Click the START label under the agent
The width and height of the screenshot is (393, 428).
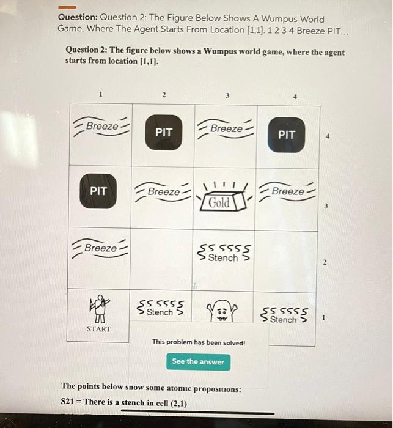click(x=99, y=329)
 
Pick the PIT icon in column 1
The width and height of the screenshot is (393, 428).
click(x=98, y=191)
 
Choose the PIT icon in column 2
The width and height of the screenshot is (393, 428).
click(x=164, y=132)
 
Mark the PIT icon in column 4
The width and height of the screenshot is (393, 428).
click(x=287, y=135)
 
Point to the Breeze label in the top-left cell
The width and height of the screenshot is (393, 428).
click(x=102, y=127)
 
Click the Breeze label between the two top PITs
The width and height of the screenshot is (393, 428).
click(x=226, y=129)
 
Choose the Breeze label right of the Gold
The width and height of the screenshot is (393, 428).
click(x=287, y=192)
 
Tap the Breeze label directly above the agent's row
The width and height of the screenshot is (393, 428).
click(x=100, y=248)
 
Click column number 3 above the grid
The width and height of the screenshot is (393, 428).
click(x=227, y=95)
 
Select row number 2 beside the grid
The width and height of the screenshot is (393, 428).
click(x=325, y=263)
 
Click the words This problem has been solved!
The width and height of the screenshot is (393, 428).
click(x=198, y=342)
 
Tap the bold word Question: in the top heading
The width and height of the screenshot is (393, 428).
click(x=77, y=19)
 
